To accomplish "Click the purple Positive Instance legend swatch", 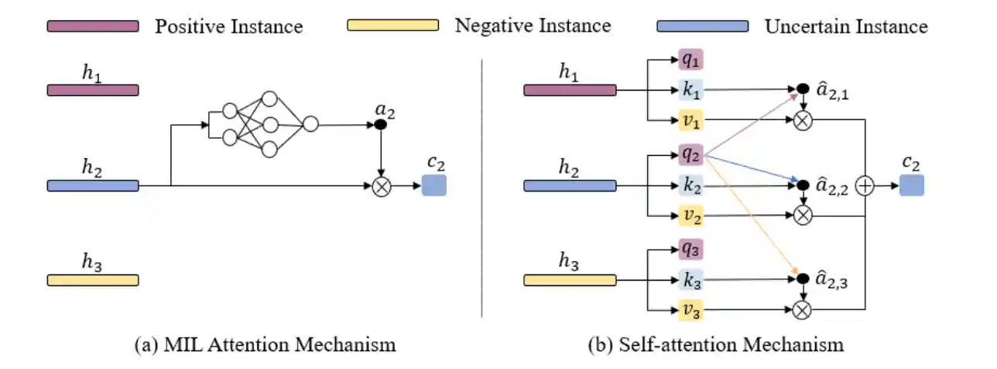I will (x=93, y=26).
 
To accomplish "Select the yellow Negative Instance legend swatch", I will (x=392, y=26).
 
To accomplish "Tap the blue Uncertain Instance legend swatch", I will (x=702, y=26).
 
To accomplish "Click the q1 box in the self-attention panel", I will (x=691, y=59).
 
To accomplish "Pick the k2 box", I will (x=691, y=186).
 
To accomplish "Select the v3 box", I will (x=691, y=310).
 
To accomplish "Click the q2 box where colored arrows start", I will (x=691, y=155).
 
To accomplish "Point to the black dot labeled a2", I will (x=380, y=124).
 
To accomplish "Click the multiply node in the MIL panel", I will (x=380, y=186).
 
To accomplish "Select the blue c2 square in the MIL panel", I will (x=434, y=186).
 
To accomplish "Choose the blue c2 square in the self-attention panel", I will (x=911, y=186).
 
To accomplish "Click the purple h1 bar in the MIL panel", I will (x=93, y=90).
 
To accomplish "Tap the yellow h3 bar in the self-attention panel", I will (x=570, y=280).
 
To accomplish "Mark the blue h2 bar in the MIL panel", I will (x=93, y=186).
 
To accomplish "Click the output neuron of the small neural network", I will (x=310, y=124).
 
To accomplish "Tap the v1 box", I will (x=691, y=120).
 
